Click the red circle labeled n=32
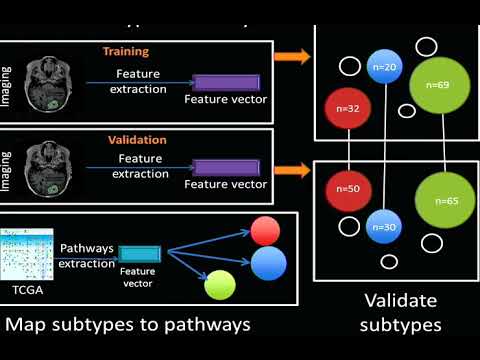(x=345, y=106)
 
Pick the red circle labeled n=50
(x=347, y=188)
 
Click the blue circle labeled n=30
(x=385, y=226)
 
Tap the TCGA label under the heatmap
(x=28, y=289)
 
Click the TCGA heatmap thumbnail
(x=27, y=252)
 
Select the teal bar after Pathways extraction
(x=137, y=251)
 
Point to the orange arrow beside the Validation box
(x=292, y=147)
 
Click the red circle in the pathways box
(x=266, y=231)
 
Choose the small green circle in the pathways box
(x=219, y=287)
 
